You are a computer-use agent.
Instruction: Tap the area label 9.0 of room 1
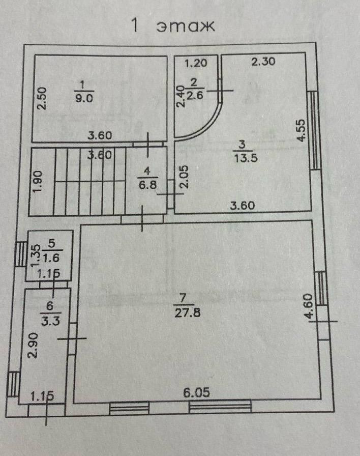[x=81, y=99]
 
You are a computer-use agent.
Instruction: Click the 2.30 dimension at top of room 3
[x=263, y=63]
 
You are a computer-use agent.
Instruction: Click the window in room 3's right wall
[x=315, y=130]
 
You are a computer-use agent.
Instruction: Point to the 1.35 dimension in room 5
[x=36, y=255]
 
